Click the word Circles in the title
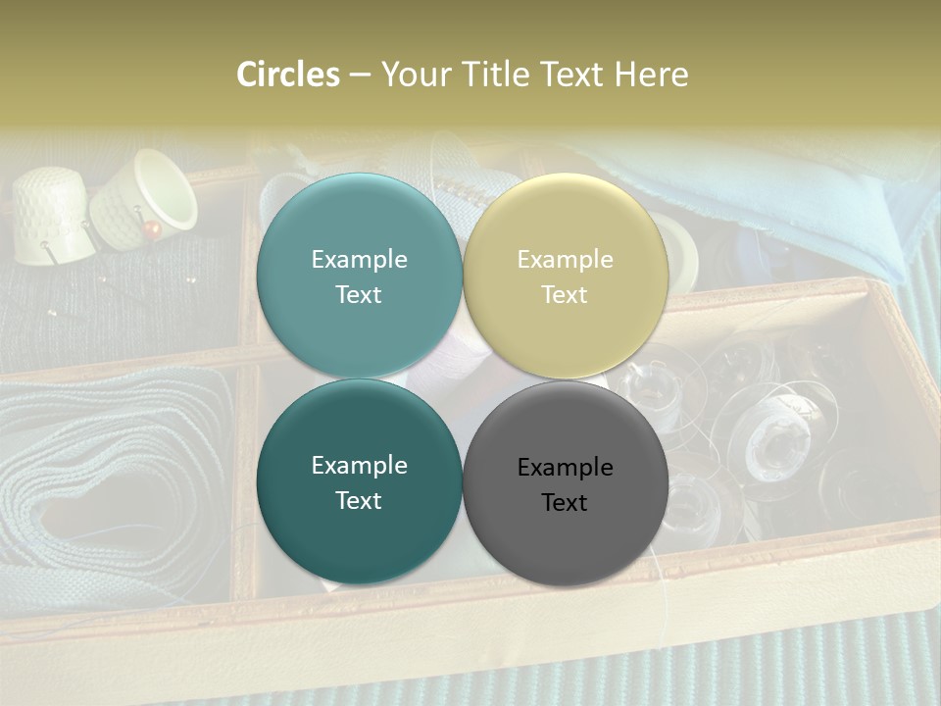coord(287,75)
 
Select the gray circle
coord(565,534)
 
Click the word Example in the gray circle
coord(565,468)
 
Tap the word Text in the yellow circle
coord(565,294)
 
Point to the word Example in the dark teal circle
coord(359,466)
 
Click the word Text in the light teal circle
coord(359,294)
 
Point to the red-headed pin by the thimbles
coord(150,228)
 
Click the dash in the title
coord(359,75)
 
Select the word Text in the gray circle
coord(565,502)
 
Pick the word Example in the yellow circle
coord(565,260)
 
